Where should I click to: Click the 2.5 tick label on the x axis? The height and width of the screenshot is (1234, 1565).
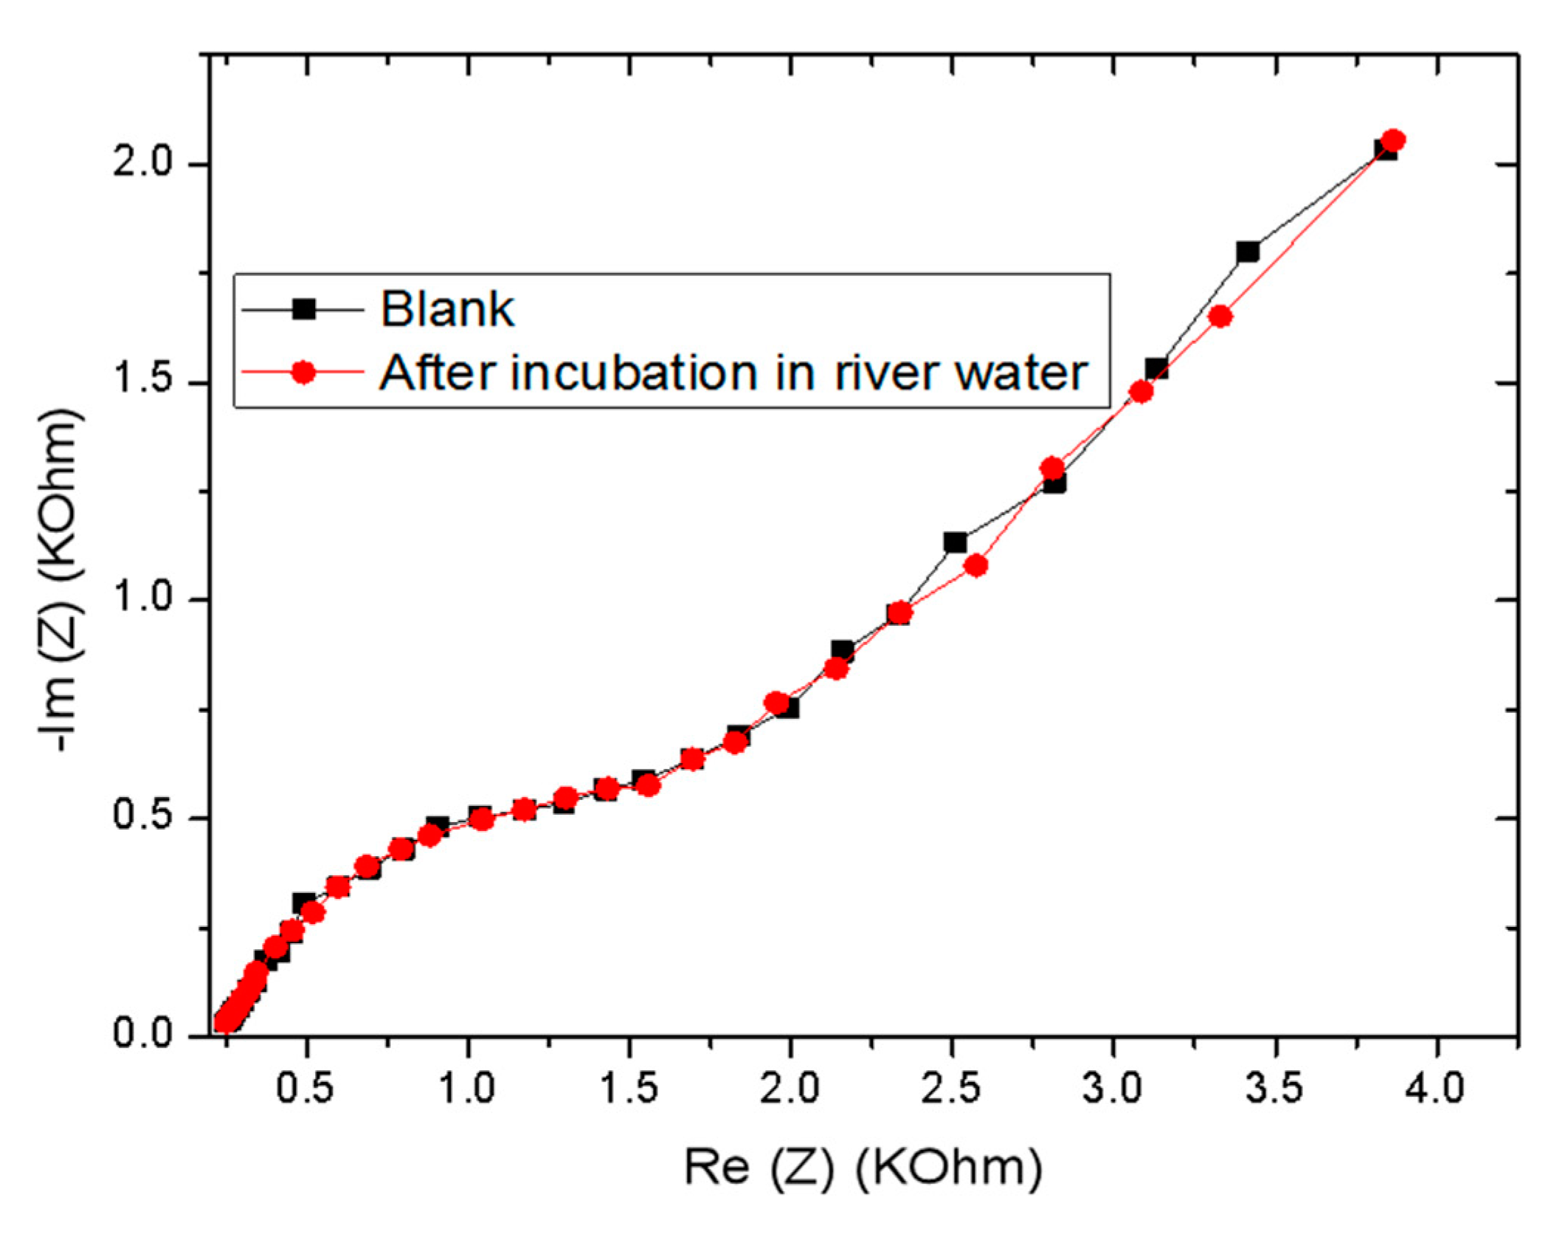point(951,1089)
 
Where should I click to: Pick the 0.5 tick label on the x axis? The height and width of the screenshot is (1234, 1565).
point(305,1089)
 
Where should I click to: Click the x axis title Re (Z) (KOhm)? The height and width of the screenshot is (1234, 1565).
point(863,1168)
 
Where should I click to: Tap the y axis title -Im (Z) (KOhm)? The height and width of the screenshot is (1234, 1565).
point(61,579)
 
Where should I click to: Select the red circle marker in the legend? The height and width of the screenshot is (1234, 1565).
point(303,372)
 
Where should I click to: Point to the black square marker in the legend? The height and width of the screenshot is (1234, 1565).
point(303,308)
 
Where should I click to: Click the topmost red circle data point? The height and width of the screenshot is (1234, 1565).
point(1393,140)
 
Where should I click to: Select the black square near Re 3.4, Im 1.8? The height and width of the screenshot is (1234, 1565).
point(1248,252)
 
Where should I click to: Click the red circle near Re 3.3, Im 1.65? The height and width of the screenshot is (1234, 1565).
point(1220,317)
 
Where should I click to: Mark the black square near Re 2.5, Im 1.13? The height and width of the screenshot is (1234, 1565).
point(955,542)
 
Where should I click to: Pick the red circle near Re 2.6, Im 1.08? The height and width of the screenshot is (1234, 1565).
point(975,566)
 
